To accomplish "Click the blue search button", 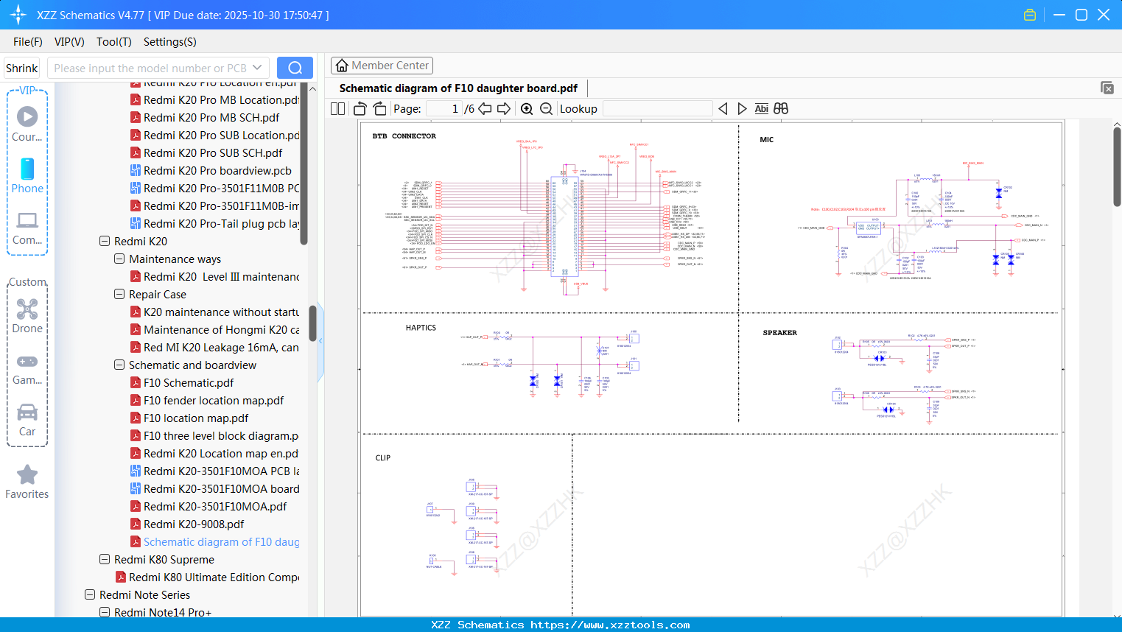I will click(295, 68).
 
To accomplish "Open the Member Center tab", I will click(382, 66).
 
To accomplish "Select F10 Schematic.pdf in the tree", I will click(189, 383).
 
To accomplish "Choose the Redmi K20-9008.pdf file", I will click(194, 524).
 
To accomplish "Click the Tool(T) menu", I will click(113, 42).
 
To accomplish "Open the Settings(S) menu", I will click(169, 42).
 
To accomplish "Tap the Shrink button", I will click(21, 69).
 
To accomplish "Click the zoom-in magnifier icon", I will click(527, 109).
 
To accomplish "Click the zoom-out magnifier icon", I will click(546, 109).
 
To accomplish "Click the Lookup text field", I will click(657, 109).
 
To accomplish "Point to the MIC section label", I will click(767, 140).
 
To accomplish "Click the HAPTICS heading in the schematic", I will click(421, 328).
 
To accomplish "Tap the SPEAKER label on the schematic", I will click(779, 333).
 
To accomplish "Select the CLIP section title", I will click(383, 458).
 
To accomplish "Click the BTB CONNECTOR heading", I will click(404, 136).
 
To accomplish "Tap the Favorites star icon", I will click(27, 475).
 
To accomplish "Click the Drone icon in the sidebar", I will click(27, 309).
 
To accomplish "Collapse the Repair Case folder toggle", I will click(119, 295).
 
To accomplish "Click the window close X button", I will click(1104, 15).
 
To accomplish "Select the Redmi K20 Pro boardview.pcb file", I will click(217, 171).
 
